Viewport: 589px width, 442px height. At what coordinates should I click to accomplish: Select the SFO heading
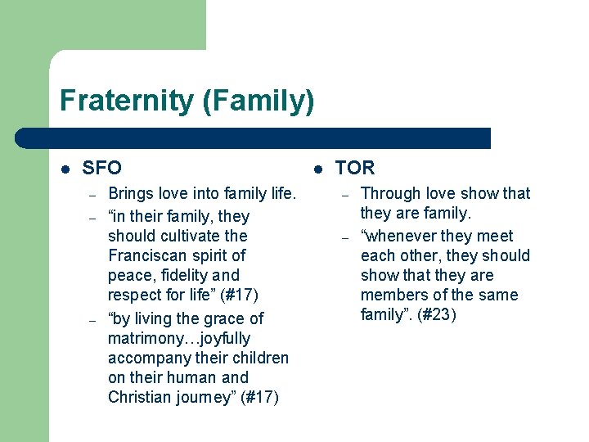click(102, 168)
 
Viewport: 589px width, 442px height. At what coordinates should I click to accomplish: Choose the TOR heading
click(355, 168)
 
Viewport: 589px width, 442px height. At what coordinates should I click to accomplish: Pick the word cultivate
click(191, 236)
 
